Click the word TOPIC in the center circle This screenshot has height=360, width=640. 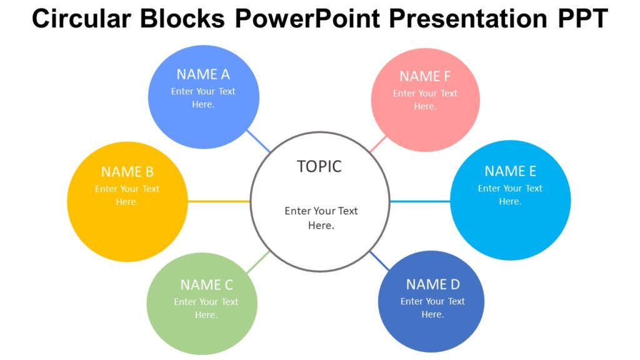319,167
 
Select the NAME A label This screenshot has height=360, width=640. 203,74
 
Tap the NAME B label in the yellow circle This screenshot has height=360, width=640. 127,172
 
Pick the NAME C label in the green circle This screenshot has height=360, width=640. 206,285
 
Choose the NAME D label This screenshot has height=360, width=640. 432,284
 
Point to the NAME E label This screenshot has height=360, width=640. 510,171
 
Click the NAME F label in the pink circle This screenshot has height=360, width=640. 425,76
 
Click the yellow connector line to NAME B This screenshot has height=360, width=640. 219,201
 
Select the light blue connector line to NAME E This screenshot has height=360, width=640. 420,201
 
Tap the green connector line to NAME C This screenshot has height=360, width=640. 257,262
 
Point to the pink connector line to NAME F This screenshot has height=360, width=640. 379,144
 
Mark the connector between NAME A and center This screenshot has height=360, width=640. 259,141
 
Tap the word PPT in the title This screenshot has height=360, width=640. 582,19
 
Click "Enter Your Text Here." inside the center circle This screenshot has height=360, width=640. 321,218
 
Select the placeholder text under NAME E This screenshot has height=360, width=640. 510,194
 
